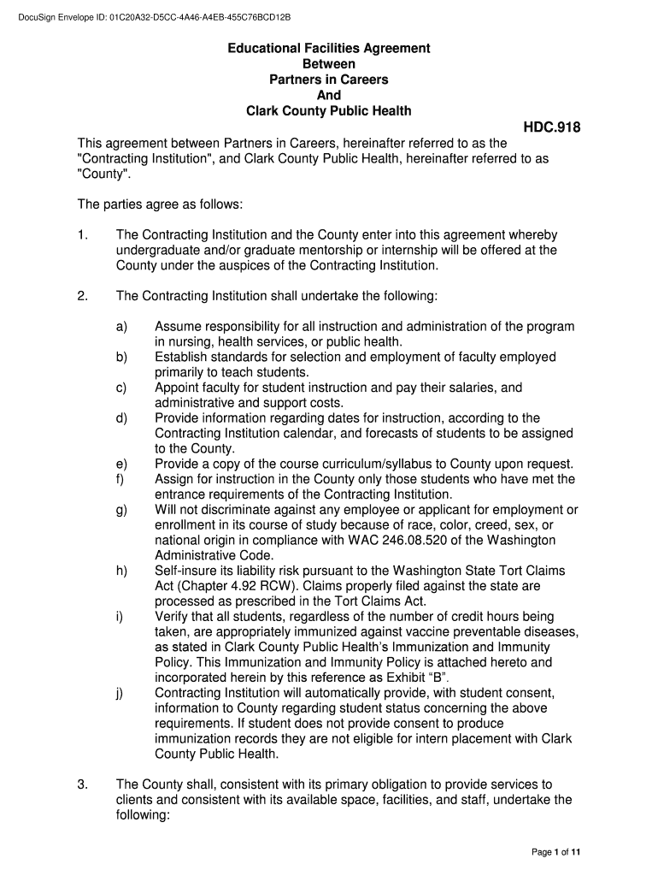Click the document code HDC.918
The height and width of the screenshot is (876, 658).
[x=551, y=128]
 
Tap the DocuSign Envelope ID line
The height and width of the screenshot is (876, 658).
[x=148, y=17]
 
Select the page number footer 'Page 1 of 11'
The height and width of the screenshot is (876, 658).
[x=556, y=852]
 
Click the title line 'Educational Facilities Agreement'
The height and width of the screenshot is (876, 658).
[x=328, y=49]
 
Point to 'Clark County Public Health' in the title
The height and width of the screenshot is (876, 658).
[x=328, y=111]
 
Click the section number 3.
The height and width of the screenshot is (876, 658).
[x=83, y=784]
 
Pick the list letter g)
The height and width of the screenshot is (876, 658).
[x=121, y=511]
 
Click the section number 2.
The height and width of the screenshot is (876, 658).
[x=83, y=296]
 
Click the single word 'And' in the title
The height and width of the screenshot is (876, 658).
[x=328, y=95]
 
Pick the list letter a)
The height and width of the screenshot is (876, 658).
[x=121, y=327]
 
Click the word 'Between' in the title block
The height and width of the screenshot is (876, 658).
[x=328, y=64]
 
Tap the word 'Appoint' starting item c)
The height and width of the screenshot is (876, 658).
[x=179, y=388]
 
